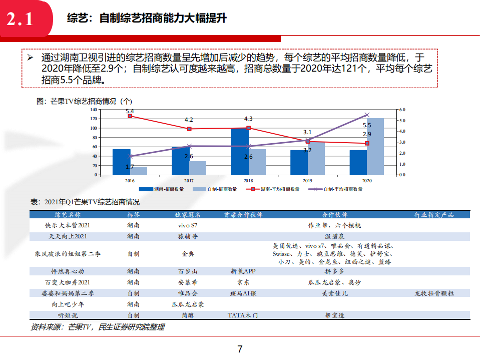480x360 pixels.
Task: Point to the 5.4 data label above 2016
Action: [x=130, y=111]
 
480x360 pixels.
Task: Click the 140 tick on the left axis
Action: [x=93, y=109]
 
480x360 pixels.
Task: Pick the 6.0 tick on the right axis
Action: [x=402, y=109]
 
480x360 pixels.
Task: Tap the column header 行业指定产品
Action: [x=434, y=215]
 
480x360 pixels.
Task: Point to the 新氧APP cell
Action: [x=243, y=271]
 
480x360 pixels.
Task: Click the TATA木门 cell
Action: [x=243, y=315]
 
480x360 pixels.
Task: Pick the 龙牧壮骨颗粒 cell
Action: [x=434, y=293]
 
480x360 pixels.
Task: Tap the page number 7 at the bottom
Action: [x=240, y=349]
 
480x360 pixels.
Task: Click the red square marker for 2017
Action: [x=189, y=129]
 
